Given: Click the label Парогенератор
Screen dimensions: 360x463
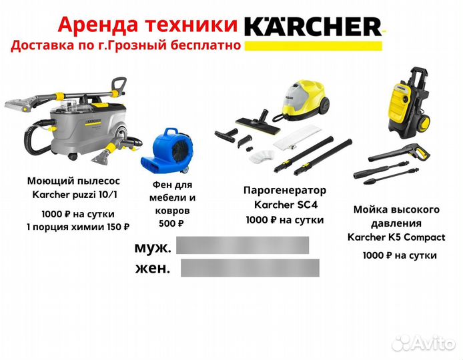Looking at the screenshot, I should tap(285, 190).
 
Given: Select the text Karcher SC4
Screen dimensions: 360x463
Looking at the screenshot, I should tap(285, 204).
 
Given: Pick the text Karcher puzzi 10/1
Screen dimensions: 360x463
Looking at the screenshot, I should tap(73, 195).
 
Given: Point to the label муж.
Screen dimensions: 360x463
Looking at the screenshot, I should tap(153, 247).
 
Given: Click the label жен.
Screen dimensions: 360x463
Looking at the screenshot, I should tap(151, 269).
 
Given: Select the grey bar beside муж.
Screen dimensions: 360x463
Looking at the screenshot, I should tap(244, 245).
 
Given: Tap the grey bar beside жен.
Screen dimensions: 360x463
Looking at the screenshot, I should tap(250, 268).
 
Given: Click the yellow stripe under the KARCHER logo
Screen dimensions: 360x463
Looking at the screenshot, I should tap(313, 46).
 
